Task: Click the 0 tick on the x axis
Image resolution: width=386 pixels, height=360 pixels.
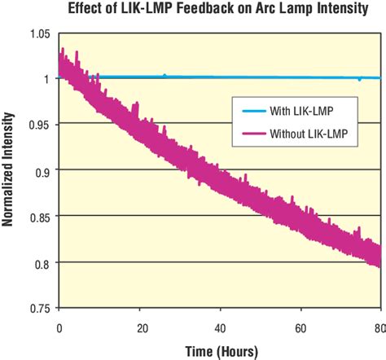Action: [x=59, y=327]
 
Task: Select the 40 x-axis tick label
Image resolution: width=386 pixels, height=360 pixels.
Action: [x=220, y=327]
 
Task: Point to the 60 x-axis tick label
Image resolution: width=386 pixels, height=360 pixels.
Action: [x=300, y=327]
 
